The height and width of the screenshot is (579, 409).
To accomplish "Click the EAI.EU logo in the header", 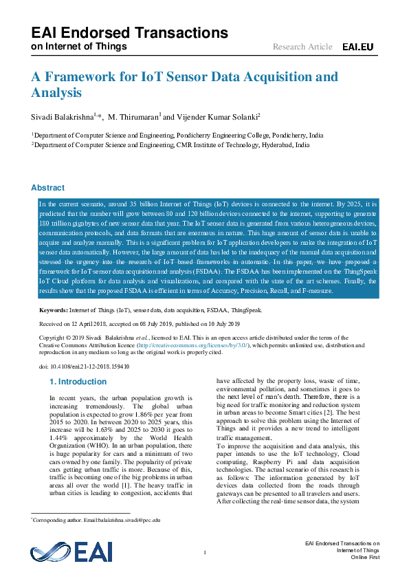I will click(x=357, y=47).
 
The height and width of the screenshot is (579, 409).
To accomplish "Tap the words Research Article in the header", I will click(x=302, y=47).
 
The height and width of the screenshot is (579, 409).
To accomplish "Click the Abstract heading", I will click(x=48, y=188).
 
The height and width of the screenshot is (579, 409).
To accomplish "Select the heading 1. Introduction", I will click(x=78, y=381).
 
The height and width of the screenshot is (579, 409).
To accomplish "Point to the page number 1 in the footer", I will click(x=205, y=553).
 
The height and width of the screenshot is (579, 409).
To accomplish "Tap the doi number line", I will click(x=85, y=367).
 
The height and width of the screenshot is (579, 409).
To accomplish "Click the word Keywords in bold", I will click(x=53, y=311).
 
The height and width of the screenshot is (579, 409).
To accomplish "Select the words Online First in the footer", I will click(x=365, y=558).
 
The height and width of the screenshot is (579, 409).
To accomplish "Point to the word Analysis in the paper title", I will click(x=56, y=93).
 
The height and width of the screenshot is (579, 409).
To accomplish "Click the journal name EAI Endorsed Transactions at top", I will click(x=129, y=33).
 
